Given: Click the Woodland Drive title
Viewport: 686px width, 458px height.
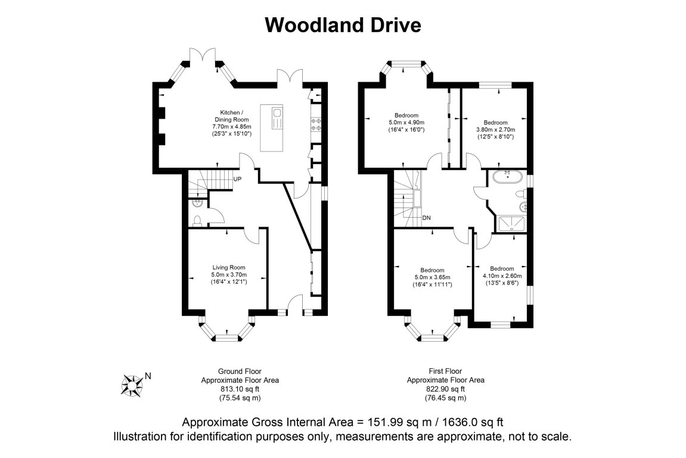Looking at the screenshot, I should tap(343, 25).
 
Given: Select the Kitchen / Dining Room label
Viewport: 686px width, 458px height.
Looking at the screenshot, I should tap(231, 123).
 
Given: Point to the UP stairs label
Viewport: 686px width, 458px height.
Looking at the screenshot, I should tap(237, 179).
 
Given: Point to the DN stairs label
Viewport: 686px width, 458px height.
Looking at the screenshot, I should tap(427, 218).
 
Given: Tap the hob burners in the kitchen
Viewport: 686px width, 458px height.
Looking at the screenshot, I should tap(316, 123).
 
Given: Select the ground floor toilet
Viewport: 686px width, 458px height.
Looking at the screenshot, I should tap(198, 221).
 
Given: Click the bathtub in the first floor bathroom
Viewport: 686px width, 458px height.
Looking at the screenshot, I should tap(507, 176).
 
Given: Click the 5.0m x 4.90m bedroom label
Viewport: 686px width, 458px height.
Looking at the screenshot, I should tap(406, 122).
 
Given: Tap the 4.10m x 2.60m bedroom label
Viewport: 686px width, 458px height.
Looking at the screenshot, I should tap(502, 276).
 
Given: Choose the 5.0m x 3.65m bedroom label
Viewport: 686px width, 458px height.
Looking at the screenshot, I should tap(432, 277).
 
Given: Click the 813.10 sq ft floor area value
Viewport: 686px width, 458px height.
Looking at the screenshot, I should tap(240, 389).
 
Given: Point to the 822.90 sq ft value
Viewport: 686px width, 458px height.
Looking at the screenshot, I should tap(445, 389).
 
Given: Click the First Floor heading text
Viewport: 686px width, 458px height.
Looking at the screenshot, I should tap(445, 371).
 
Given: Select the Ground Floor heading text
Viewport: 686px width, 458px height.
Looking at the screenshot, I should tap(240, 371).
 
